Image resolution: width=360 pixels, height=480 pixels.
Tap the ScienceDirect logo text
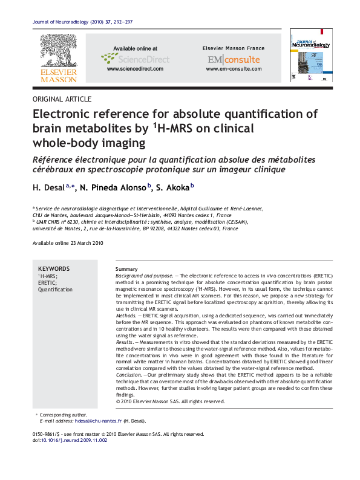point(143,59)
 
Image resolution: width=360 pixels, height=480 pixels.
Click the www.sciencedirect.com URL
point(135,69)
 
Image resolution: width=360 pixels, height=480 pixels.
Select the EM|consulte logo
point(234,59)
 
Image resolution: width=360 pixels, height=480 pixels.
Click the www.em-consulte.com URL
point(234,69)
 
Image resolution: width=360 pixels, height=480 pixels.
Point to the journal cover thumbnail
point(310,55)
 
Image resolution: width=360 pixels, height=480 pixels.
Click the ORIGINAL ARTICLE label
point(62,99)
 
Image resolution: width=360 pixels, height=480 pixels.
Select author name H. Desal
point(48,189)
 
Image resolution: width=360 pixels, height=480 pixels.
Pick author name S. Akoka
point(172,189)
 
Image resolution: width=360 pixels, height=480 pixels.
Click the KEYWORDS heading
point(54,269)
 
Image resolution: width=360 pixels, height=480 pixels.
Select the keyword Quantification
point(55,290)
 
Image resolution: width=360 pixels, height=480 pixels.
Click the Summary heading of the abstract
point(126,269)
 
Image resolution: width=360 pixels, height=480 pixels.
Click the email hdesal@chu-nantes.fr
point(96,421)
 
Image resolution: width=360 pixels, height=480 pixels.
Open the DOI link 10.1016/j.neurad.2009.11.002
point(73,440)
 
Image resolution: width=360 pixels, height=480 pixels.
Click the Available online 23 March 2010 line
point(68,243)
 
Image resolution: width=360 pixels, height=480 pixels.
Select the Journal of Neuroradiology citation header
point(81,22)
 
